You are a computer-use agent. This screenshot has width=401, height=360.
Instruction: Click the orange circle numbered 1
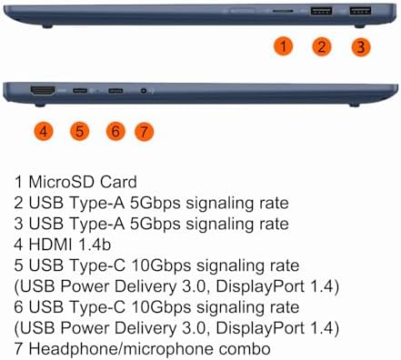click(x=284, y=46)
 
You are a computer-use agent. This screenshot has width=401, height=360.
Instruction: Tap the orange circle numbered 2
click(x=322, y=46)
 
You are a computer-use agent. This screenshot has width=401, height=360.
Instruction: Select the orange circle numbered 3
click(x=361, y=47)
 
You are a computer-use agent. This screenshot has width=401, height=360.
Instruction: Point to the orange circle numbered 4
click(x=44, y=132)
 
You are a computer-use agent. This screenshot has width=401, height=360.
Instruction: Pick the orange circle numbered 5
click(x=79, y=132)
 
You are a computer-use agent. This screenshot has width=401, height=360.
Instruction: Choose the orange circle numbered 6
click(x=115, y=132)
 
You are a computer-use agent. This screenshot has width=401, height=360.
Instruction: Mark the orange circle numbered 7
click(x=144, y=132)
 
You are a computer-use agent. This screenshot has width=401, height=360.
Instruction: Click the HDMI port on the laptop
click(x=43, y=90)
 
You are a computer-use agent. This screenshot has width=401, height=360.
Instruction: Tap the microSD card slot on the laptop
click(x=283, y=11)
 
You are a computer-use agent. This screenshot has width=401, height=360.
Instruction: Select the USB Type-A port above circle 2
click(x=321, y=11)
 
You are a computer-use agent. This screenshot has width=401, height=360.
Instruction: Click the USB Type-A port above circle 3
click(x=360, y=11)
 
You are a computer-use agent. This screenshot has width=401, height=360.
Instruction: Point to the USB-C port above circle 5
click(x=80, y=91)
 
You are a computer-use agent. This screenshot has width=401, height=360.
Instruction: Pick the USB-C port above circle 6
click(x=115, y=91)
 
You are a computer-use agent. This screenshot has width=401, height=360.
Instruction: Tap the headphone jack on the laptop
click(x=144, y=91)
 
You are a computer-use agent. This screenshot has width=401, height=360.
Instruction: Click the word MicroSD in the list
click(x=62, y=182)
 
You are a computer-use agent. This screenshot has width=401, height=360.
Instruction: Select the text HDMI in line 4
click(x=50, y=245)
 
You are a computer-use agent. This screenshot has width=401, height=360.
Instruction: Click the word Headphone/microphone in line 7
click(x=121, y=349)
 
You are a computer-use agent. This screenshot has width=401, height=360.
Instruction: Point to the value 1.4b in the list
click(x=95, y=245)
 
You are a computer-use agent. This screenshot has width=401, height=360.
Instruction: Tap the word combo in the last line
click(x=245, y=349)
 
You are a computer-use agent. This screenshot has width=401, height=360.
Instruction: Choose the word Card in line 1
click(x=118, y=182)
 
